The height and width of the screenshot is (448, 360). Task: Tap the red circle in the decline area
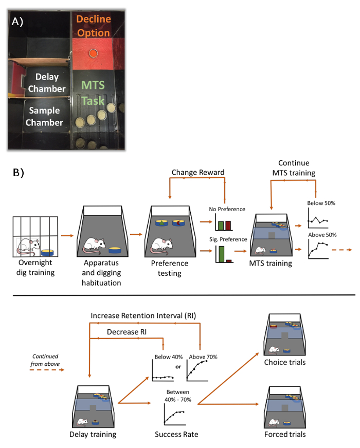[x=93, y=53]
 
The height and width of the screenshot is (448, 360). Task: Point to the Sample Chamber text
[x=45, y=117]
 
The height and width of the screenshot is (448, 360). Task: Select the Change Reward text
[x=198, y=172]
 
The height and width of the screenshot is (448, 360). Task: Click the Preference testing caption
[x=170, y=269]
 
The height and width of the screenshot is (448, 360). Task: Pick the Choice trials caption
[x=285, y=362]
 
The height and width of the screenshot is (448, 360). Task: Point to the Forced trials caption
[x=284, y=434]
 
